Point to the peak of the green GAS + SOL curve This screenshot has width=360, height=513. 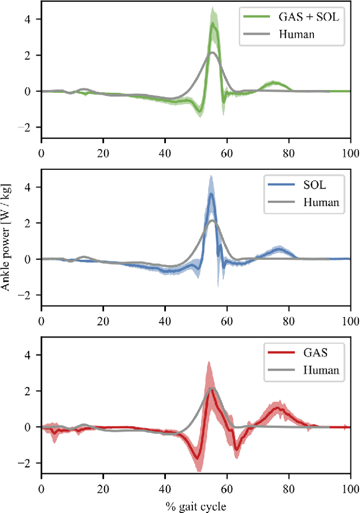(x=213, y=23)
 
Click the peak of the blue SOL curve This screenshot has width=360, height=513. (x=211, y=194)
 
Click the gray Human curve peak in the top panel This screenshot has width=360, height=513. (x=211, y=53)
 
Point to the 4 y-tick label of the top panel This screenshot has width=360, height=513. (x=33, y=19)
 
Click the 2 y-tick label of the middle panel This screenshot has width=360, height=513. (x=33, y=223)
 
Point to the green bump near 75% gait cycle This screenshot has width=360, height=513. (x=273, y=83)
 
